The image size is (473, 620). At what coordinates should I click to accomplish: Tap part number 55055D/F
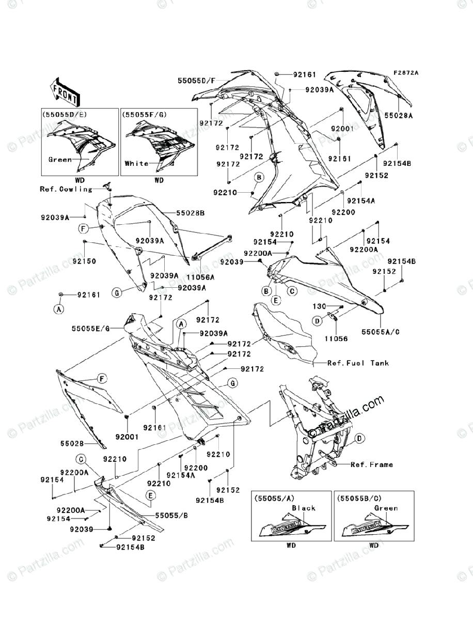(x=196, y=81)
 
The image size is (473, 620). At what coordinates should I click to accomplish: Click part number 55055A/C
(x=381, y=331)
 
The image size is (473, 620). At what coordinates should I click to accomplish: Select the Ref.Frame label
(x=372, y=464)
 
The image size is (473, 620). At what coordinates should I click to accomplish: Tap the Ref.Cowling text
(x=66, y=189)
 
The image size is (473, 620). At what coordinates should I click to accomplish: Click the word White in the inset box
(x=136, y=163)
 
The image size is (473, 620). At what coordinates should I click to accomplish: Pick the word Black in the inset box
(x=304, y=508)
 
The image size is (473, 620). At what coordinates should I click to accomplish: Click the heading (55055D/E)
(x=63, y=114)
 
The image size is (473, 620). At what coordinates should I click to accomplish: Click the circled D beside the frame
(x=360, y=438)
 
